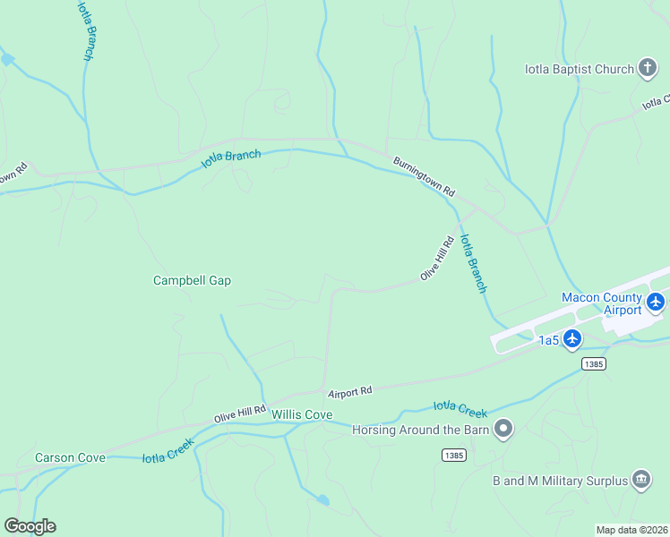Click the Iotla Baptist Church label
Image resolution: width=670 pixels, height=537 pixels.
(579, 69)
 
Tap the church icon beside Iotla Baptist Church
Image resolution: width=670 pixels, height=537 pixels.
(648, 69)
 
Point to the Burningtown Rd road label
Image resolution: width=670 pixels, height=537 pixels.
(425, 177)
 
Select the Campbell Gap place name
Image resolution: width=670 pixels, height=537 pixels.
(192, 280)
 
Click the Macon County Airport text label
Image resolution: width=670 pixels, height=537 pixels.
(601, 303)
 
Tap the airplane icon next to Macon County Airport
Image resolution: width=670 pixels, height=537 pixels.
(656, 303)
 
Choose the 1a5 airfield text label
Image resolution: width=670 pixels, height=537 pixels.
(548, 340)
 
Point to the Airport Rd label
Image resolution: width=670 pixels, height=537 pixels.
(349, 392)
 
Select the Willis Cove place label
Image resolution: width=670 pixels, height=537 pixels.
(302, 415)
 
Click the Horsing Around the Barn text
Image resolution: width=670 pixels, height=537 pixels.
(420, 430)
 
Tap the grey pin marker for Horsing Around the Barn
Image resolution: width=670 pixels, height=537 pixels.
(504, 430)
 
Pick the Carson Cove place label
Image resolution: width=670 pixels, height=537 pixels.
(70, 457)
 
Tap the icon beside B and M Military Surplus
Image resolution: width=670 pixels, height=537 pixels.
(641, 480)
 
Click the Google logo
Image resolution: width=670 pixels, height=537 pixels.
(30, 525)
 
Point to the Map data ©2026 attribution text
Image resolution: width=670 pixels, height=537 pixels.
(631, 530)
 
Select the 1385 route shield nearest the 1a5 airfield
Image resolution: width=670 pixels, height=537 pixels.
(593, 363)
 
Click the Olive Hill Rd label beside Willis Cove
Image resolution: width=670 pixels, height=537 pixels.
(240, 414)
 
